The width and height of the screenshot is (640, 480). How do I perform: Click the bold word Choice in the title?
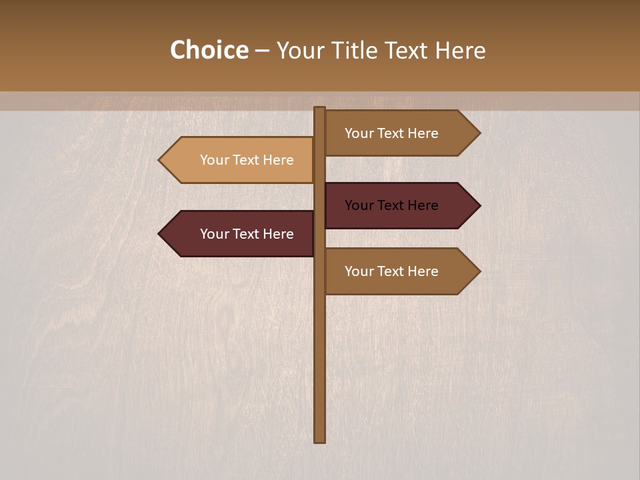209,51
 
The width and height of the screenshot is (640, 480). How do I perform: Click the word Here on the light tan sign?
277,160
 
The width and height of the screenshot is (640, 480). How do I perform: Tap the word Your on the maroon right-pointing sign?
359,205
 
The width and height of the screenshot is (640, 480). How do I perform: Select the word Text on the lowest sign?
391,271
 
